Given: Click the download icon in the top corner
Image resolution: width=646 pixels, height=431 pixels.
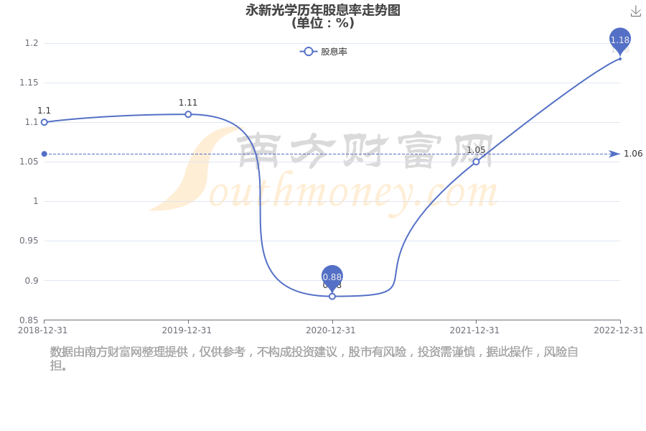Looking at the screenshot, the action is pos(636,11).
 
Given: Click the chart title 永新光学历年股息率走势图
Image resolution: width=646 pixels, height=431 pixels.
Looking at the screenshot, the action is pos(323,9).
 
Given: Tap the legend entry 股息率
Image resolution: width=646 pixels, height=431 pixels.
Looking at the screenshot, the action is pos(324,52).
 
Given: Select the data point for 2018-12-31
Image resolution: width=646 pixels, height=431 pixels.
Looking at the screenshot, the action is pos(45,122).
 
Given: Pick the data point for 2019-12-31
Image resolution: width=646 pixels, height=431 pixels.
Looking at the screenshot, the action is pos(188,114).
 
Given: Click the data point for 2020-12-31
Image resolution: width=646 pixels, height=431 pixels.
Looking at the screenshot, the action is pos(332,296).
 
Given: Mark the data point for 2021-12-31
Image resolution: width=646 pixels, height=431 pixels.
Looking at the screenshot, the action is pos(477,162).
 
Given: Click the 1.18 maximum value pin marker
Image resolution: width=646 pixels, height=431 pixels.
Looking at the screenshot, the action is pos(620,40).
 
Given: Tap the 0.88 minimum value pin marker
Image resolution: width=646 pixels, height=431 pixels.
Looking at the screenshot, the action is pos(332,277).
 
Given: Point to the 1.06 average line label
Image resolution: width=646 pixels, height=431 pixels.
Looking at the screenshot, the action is pos(633,154).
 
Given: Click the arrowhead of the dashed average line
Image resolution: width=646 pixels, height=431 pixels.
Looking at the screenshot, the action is pos(614,154).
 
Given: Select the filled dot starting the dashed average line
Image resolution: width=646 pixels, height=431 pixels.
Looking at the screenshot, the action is pos(45,154).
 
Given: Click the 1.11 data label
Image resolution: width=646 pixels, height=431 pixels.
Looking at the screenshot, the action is pos(188,103).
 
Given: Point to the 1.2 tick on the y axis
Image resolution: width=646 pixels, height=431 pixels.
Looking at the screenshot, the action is pos(32,43).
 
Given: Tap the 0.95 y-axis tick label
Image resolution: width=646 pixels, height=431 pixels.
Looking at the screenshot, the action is pos(29,241).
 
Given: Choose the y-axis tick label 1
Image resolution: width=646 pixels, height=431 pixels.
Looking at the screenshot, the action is pos(36,201).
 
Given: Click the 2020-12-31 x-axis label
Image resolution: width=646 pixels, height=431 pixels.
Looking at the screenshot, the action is pos(330,330).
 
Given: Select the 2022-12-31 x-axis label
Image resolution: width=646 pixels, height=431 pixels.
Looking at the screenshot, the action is pos(619,330).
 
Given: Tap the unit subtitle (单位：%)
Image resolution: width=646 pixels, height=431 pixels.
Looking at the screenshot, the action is pos(323,23).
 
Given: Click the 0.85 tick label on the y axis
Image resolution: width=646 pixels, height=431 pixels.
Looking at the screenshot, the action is pos(29,320).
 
